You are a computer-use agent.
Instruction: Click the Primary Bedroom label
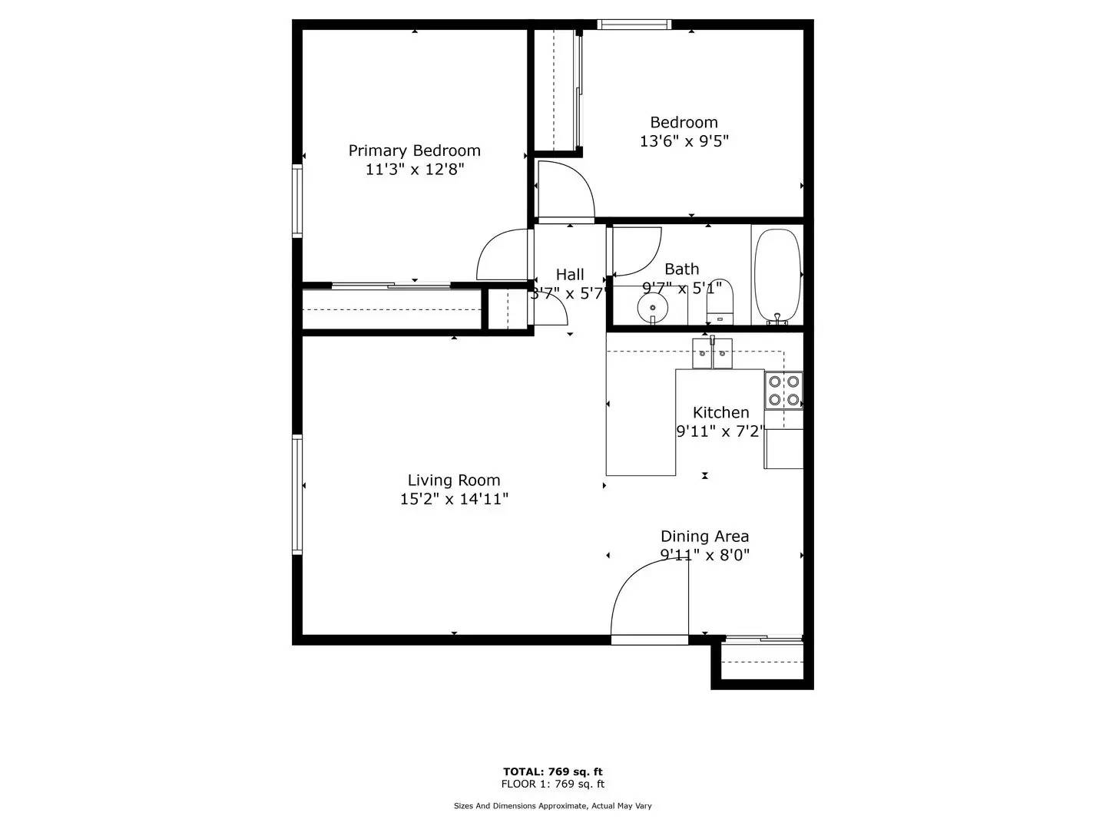pos(415,150)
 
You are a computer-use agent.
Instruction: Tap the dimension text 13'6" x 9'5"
pos(684,141)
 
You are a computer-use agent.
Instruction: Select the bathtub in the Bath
pos(777,275)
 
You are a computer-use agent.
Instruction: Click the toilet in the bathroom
pos(720,302)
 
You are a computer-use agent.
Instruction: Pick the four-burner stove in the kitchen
pos(784,390)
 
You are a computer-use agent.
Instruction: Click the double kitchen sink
pos(713,353)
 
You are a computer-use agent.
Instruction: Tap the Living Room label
pos(454,481)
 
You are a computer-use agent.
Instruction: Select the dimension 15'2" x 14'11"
pos(454,499)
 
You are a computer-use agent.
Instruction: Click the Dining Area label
pos(704,537)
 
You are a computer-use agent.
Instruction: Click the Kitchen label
pos(720,412)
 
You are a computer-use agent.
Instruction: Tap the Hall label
pos(570,274)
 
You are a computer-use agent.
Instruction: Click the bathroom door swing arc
pos(638,252)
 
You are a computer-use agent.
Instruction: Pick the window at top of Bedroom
pos(634,25)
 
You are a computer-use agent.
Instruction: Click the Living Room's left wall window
pos(297,494)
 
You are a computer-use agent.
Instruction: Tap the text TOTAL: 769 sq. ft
pos(552,771)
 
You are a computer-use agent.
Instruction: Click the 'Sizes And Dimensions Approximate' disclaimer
pos(552,806)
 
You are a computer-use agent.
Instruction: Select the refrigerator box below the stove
pos(783,449)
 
